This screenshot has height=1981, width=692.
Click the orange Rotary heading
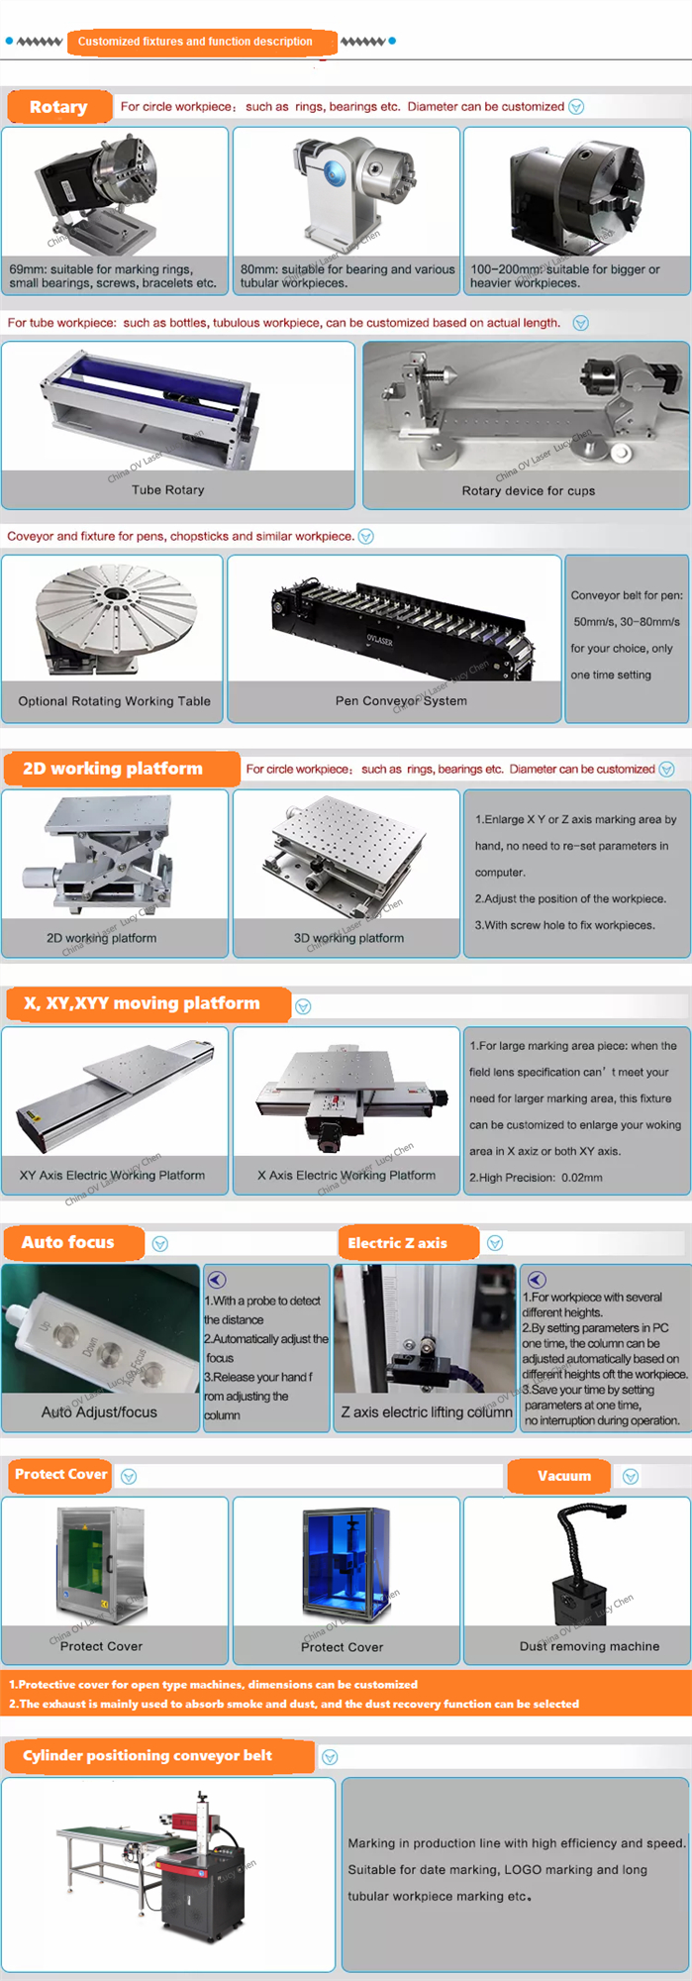pyautogui.click(x=58, y=107)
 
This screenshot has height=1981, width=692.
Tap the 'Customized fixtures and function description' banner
pyautogui.click(x=195, y=42)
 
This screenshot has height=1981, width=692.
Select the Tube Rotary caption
pyautogui.click(x=167, y=490)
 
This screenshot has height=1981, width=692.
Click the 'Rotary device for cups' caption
pyautogui.click(x=528, y=490)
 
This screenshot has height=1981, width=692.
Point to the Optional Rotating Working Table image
pyautogui.click(x=114, y=620)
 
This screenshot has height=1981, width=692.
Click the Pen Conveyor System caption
pyautogui.click(x=401, y=701)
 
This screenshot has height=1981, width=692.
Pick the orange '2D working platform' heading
pyautogui.click(x=113, y=769)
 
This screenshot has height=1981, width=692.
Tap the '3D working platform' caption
pyautogui.click(x=348, y=938)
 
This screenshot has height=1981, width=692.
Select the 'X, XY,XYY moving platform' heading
pyautogui.click(x=142, y=1003)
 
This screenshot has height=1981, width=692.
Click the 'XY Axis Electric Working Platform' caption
pyautogui.click(x=112, y=1176)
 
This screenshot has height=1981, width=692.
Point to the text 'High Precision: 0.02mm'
pyautogui.click(x=536, y=1178)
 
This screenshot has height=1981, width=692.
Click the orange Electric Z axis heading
pyautogui.click(x=398, y=1243)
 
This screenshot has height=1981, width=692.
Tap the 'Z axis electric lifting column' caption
pyautogui.click(x=427, y=1412)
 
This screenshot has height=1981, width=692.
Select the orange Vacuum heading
pyautogui.click(x=564, y=1476)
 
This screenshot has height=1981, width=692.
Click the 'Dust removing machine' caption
pyautogui.click(x=589, y=1646)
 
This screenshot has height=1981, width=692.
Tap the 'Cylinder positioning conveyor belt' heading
pyautogui.click(x=148, y=1756)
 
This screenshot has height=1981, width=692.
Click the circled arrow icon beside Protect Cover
pyautogui.click(x=129, y=1477)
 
